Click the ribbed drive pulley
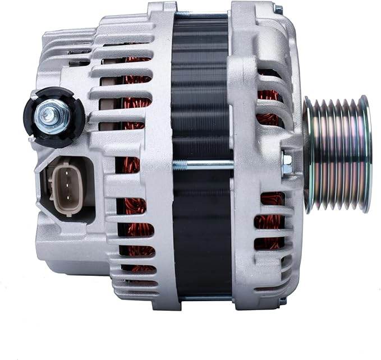click(x=337, y=154)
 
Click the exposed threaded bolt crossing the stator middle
click(x=202, y=164)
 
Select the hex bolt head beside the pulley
click(x=287, y=163)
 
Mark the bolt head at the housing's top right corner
click(x=279, y=10)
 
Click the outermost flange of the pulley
click(x=365, y=154)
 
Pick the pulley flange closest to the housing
click(x=309, y=154)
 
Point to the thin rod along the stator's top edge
click(x=202, y=13)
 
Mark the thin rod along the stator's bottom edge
click(x=202, y=298)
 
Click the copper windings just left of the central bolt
click(x=135, y=168)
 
